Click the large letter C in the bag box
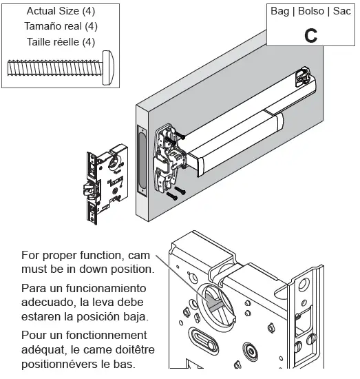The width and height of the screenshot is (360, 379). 310,36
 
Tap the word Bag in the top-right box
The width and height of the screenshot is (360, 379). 279,11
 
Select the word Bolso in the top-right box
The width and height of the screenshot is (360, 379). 311,11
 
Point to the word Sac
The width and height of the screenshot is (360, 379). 341,11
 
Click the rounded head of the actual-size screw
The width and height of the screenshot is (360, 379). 108,68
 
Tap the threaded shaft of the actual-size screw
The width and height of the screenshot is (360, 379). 55,68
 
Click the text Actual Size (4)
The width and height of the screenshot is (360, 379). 61,11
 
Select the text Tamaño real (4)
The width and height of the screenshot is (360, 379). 61,26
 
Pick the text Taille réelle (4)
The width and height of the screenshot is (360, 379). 61,42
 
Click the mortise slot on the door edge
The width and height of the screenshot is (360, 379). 142,160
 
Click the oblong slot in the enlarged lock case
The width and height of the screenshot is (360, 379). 202,340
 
